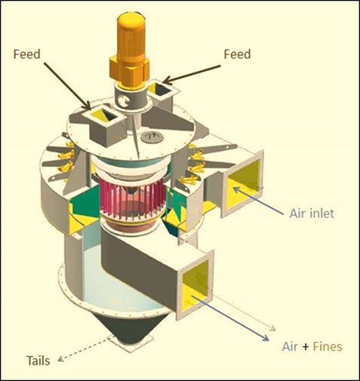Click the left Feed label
(26, 54)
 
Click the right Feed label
(237, 54)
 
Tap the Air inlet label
(312, 214)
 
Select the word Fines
(328, 346)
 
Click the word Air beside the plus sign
(290, 346)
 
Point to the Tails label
(38, 361)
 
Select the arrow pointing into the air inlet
(258, 201)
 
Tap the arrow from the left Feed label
(67, 86)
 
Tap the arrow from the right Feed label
(192, 74)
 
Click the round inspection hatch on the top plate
(152, 137)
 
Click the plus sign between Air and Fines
(306, 347)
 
